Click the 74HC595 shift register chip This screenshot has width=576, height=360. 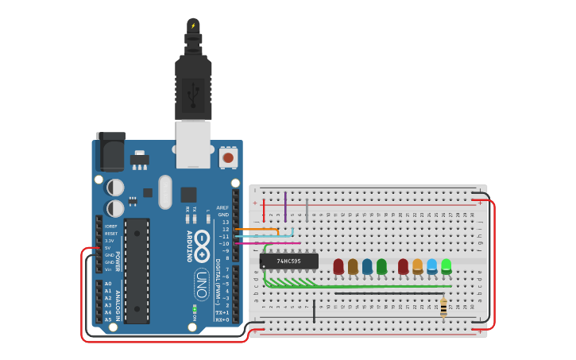tap(289, 261)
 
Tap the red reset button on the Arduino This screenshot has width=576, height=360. tap(228, 157)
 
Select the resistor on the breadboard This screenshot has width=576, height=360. tap(443, 307)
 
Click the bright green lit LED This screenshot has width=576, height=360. tap(446, 265)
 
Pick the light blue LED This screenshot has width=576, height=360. tap(431, 265)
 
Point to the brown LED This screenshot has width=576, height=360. tap(353, 266)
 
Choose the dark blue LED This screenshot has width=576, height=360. tap(367, 266)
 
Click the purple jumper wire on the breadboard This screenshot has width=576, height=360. tap(285, 206)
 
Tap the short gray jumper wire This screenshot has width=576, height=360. tap(307, 210)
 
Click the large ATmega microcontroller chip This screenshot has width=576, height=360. tap(137, 270)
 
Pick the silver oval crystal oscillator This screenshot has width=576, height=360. tap(165, 192)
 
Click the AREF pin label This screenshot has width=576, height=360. tap(222, 207)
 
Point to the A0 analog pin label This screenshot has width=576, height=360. tap(108, 284)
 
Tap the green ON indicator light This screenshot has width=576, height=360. tap(195, 307)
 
